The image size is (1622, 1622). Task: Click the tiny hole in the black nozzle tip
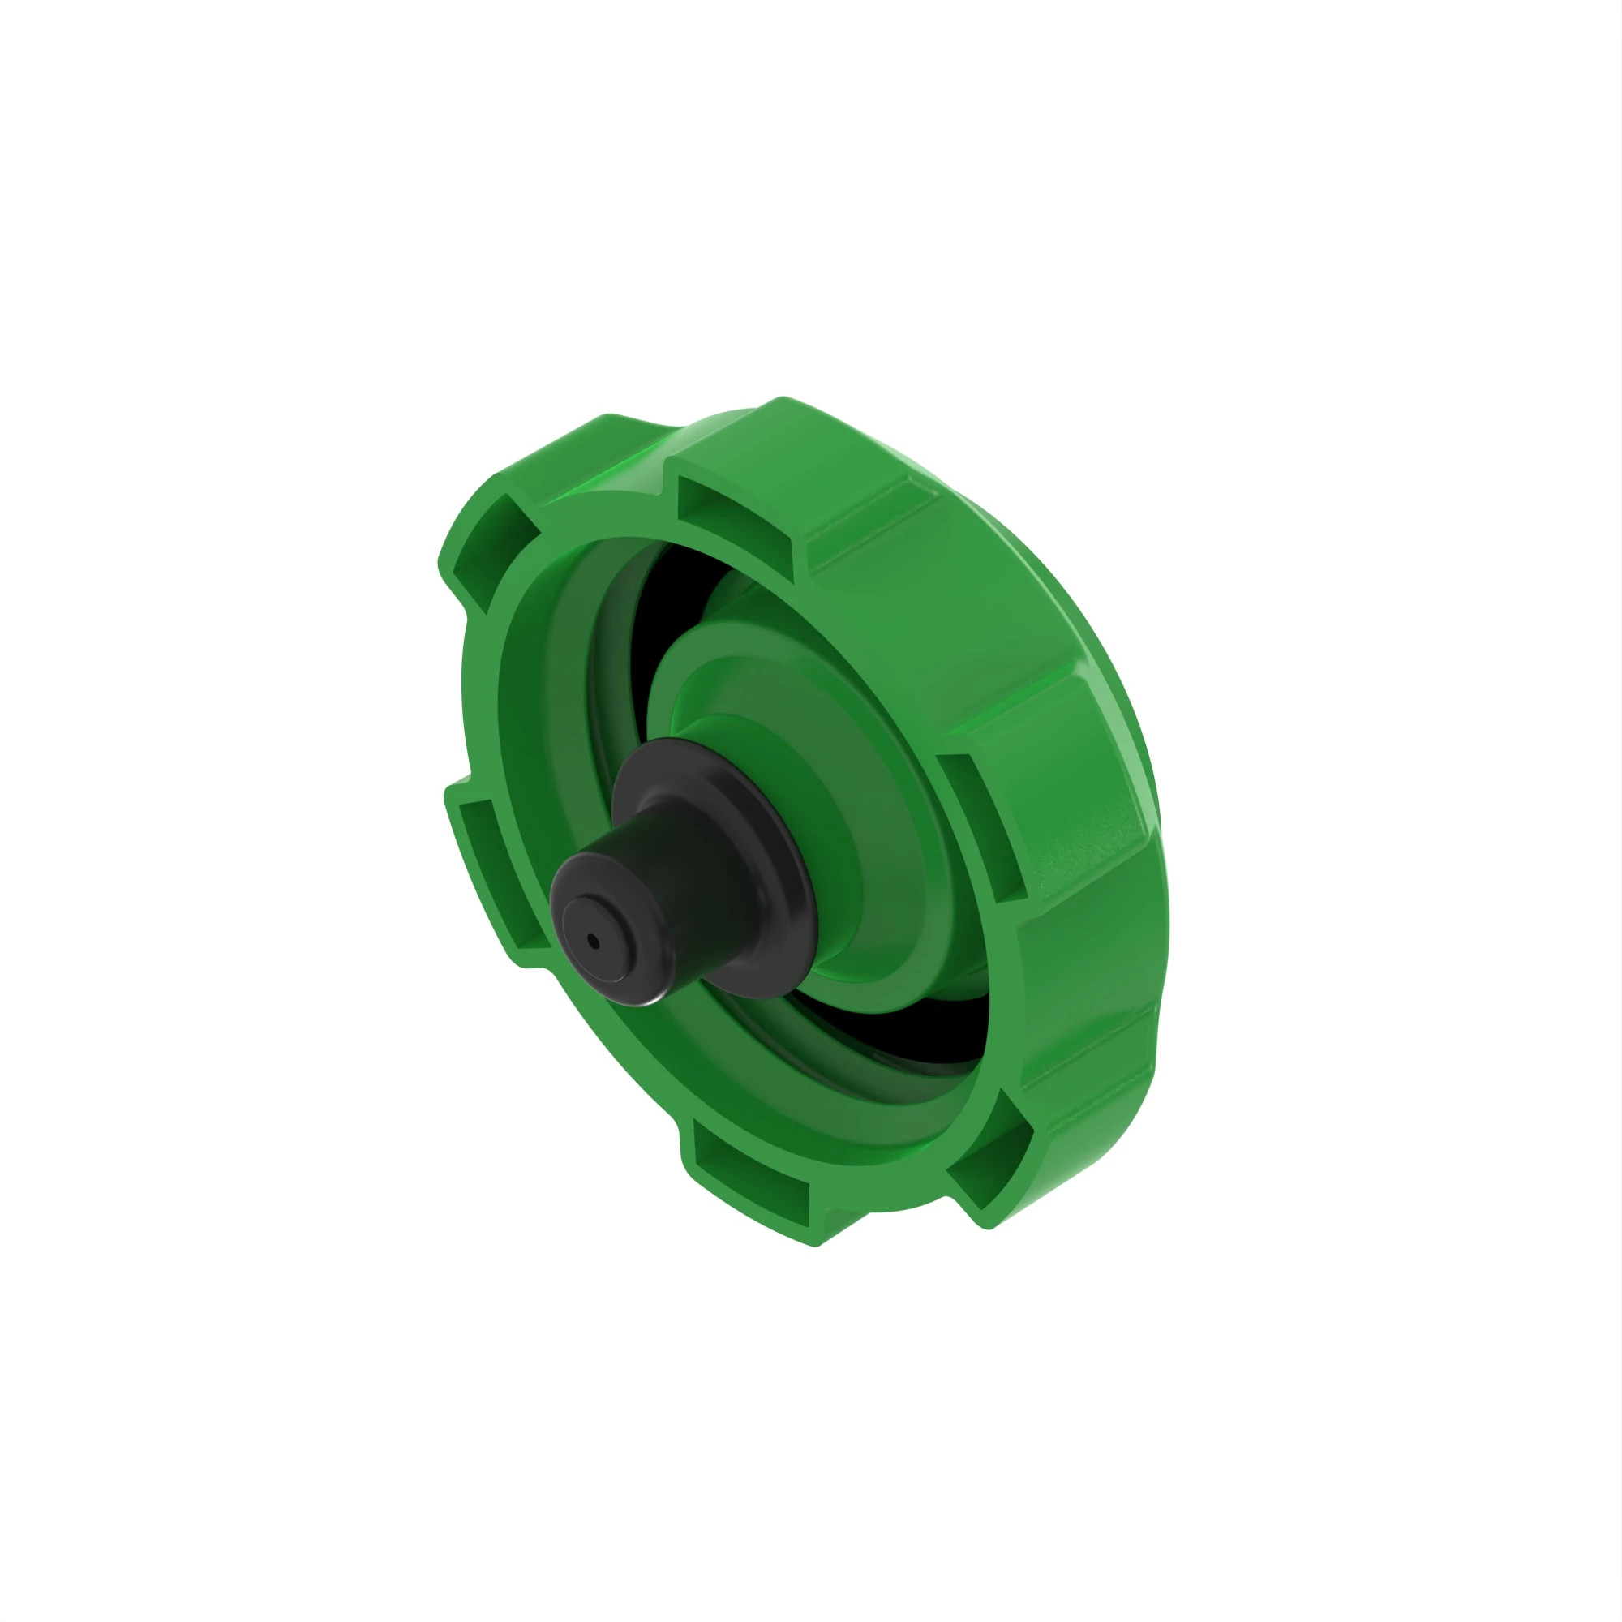[x=594, y=941]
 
